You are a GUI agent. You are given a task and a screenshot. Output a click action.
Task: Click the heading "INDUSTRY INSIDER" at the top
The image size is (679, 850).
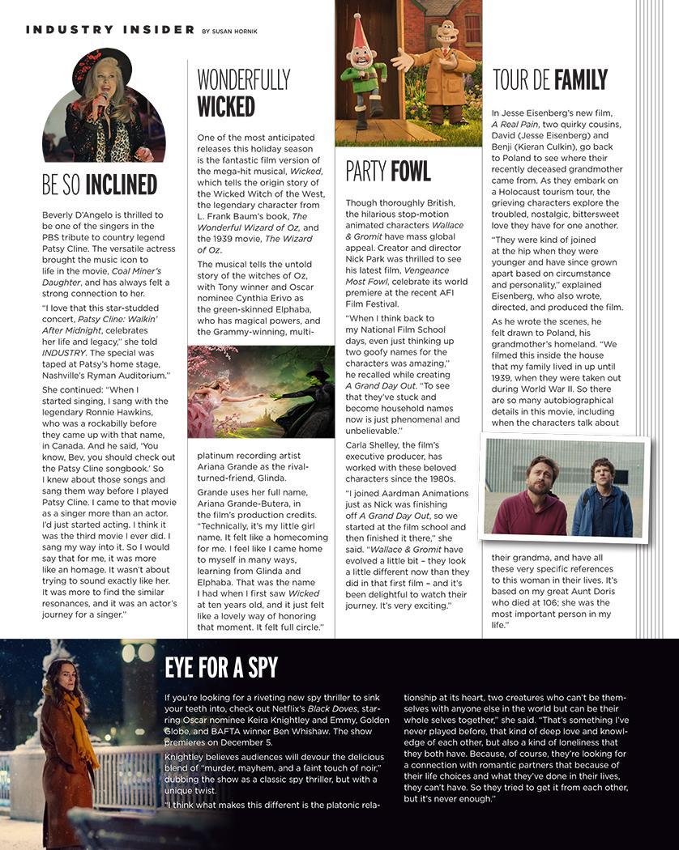click(110, 30)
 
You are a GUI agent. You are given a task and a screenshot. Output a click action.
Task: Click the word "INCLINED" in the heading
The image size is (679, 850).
click(122, 185)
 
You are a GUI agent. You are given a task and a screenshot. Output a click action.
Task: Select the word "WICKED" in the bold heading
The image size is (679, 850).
click(226, 106)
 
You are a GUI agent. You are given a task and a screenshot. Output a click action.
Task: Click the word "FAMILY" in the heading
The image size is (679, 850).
click(580, 80)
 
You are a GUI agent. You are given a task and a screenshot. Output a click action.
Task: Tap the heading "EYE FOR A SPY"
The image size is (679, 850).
click(221, 668)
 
